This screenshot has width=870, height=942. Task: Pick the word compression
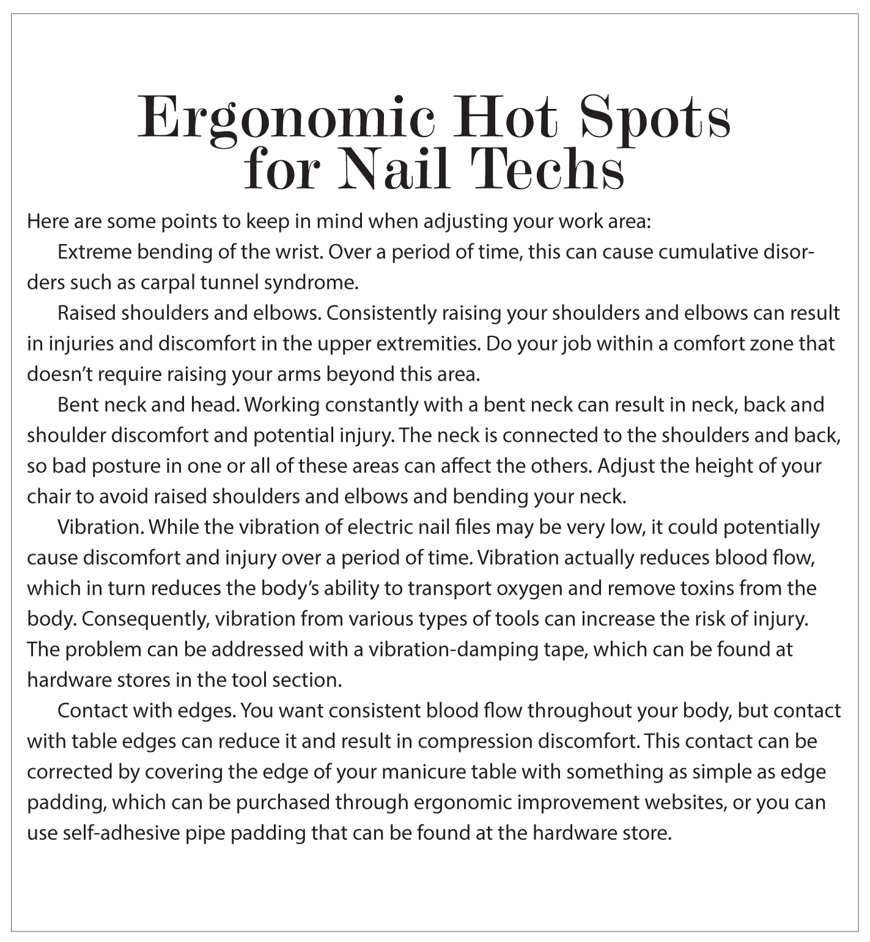tap(474, 741)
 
